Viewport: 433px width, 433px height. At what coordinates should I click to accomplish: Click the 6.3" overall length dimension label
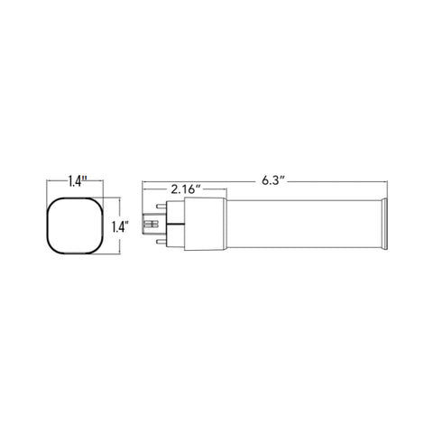coord(272,181)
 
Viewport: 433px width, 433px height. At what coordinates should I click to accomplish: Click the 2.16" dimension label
coord(186,189)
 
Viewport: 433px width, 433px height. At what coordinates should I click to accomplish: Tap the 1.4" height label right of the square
coord(120,226)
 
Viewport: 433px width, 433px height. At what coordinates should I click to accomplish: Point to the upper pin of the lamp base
coord(161,207)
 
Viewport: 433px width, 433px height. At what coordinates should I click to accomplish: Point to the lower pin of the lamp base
coord(161,242)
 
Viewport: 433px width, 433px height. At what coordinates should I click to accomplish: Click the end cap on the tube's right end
coord(383,224)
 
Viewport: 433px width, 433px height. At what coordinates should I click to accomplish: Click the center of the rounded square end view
coord(75,226)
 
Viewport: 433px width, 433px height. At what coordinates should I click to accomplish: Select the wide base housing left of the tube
coord(206,224)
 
